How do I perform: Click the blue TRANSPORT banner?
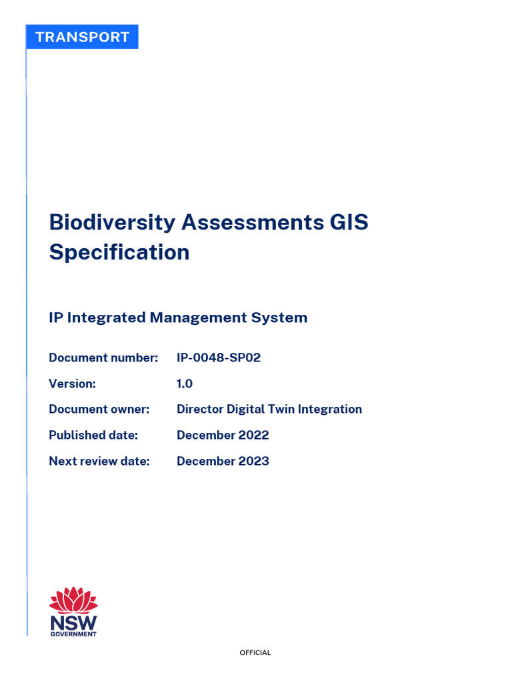[x=82, y=37]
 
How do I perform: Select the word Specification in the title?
[x=119, y=253]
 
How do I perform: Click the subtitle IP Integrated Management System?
[x=178, y=317]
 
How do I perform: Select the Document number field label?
[x=103, y=358]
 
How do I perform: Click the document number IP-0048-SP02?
[x=219, y=358]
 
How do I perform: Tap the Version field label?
[x=73, y=384]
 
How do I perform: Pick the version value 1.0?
[x=185, y=384]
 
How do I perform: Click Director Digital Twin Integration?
[x=269, y=409]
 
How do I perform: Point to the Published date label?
[x=93, y=435]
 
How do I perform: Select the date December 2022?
[x=223, y=435]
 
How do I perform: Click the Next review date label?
[x=99, y=461]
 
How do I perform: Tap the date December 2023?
[x=223, y=461]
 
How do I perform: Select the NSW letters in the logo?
[x=73, y=622]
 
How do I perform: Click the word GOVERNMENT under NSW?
[x=73, y=634]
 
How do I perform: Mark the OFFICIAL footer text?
[x=255, y=653]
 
